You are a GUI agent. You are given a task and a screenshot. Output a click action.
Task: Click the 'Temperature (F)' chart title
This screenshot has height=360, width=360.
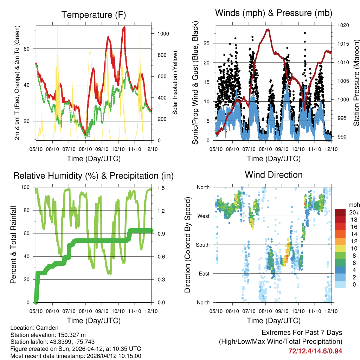click(x=94, y=15)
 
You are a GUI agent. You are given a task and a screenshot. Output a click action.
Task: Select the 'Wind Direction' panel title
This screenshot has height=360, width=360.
click(x=274, y=174)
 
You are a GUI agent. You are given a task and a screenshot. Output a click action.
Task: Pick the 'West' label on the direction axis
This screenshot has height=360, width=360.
click(x=203, y=216)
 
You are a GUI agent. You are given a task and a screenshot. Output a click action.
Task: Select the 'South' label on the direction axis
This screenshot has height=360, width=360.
click(x=202, y=245)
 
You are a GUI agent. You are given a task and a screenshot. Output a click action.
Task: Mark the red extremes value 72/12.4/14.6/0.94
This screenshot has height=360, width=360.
click(x=315, y=351)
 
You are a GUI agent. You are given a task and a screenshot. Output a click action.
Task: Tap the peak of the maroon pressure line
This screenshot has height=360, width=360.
click(x=269, y=30)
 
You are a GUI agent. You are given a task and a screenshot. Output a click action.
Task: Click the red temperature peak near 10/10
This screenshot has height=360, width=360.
click(x=124, y=27)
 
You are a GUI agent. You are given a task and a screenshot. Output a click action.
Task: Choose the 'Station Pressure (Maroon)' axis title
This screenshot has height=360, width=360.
click(x=356, y=83)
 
